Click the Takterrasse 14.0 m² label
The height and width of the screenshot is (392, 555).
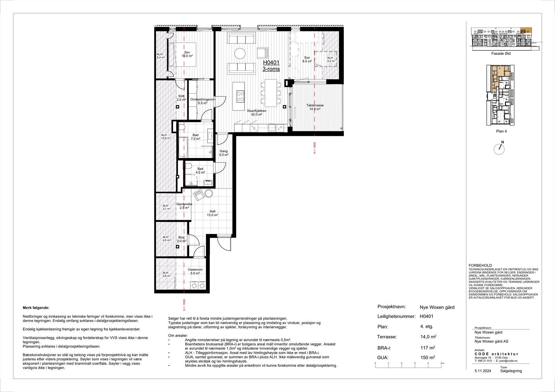pyautogui.click(x=315, y=107)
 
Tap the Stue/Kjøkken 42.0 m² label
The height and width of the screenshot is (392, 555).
pyautogui.click(x=254, y=112)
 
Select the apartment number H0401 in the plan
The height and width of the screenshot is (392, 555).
pyautogui.click(x=271, y=63)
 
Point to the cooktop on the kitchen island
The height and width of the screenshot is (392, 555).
pyautogui.click(x=240, y=96)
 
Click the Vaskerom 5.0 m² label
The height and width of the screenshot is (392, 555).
pyautogui.click(x=195, y=271)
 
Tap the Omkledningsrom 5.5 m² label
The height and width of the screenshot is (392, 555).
pyautogui.click(x=203, y=101)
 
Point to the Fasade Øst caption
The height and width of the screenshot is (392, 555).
pyautogui.click(x=501, y=54)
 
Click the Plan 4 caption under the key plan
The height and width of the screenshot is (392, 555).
pyautogui.click(x=501, y=131)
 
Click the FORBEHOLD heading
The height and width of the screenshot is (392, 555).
pyautogui.click(x=479, y=265)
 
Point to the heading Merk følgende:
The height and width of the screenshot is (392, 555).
pyautogui.click(x=36, y=307)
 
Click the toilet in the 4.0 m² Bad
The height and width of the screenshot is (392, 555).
pyautogui.click(x=188, y=166)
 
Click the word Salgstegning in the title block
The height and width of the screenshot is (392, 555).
pyautogui.click(x=511, y=371)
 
